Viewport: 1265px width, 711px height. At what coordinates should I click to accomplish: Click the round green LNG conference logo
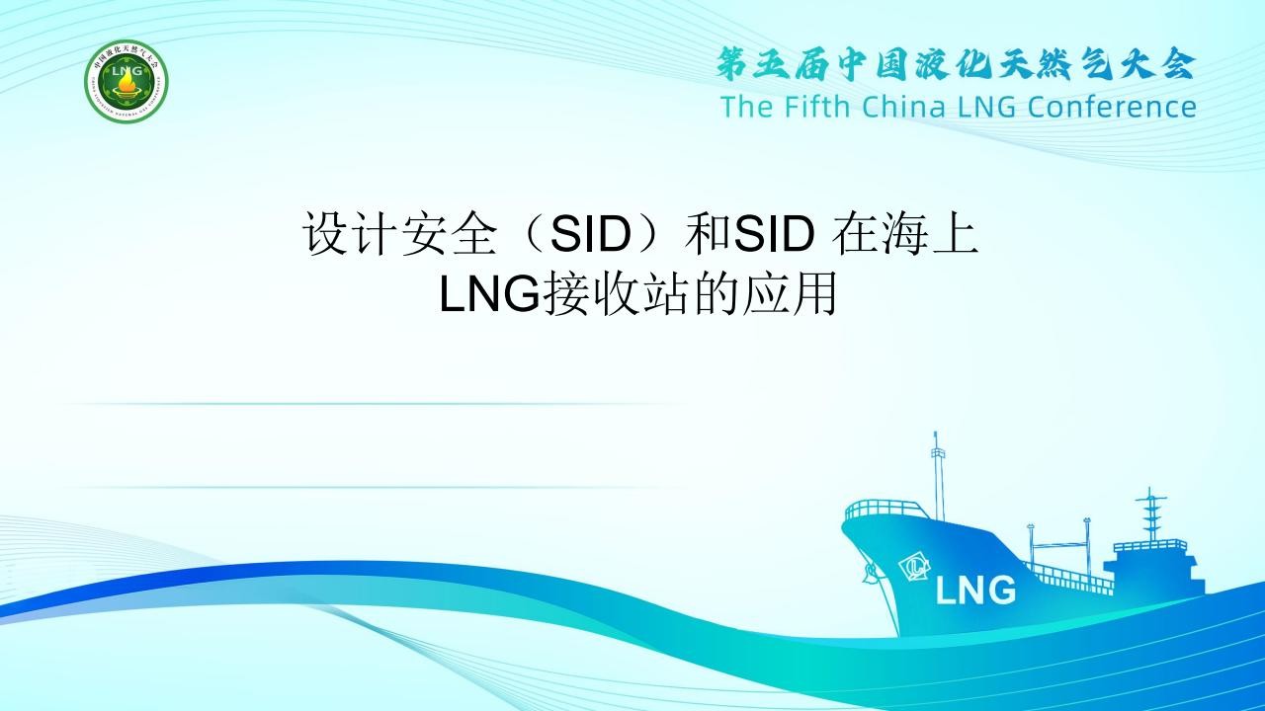click(x=126, y=81)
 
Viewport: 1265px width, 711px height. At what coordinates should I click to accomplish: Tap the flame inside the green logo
click(x=126, y=86)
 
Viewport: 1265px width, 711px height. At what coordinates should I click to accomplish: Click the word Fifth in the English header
click(x=817, y=106)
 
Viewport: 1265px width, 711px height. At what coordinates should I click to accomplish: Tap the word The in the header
click(x=746, y=106)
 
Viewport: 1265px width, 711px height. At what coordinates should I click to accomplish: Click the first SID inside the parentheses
click(x=590, y=233)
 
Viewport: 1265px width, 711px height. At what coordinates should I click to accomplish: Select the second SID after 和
click(x=774, y=233)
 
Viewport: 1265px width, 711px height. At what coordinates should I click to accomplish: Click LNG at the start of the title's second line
click(x=489, y=293)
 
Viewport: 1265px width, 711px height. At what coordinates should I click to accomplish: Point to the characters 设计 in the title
click(x=351, y=233)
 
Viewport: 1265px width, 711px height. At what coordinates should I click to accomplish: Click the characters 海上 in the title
click(x=928, y=233)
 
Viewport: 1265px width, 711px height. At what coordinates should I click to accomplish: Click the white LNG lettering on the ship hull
click(x=975, y=591)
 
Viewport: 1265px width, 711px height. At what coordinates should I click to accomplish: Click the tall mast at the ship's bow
click(x=938, y=476)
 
